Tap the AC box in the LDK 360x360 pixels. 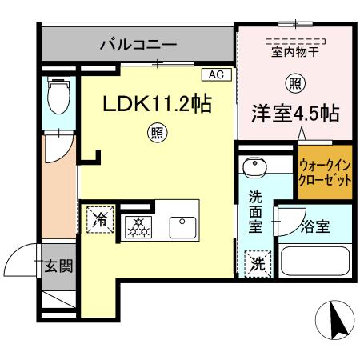click(214, 75)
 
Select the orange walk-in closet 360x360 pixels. click(325, 173)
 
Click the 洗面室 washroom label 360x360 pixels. click(256, 210)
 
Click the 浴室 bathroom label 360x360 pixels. click(314, 227)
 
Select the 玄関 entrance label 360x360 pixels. click(58, 266)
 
